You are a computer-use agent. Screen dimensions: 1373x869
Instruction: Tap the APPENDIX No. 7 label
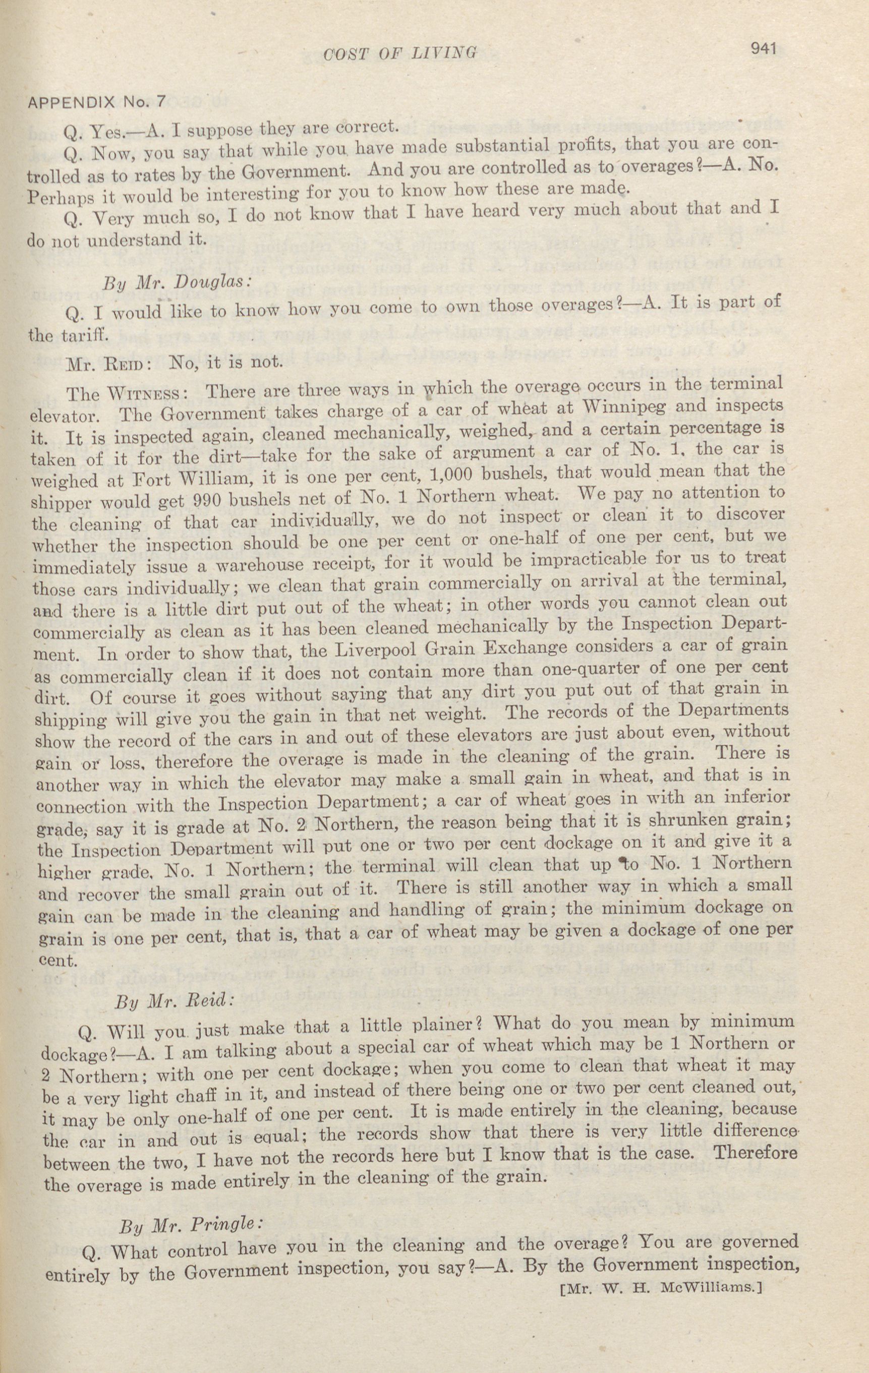tap(96, 101)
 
